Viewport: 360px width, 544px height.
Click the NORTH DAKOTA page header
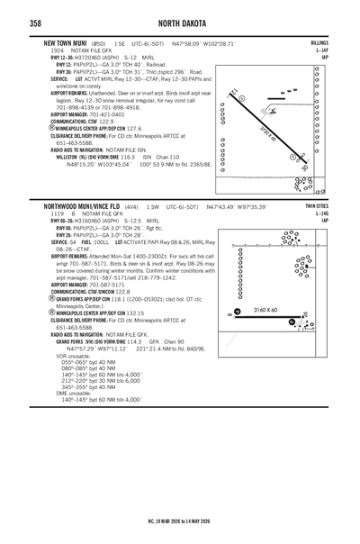[x=179, y=22]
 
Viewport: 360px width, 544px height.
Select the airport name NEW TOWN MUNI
[x=64, y=43]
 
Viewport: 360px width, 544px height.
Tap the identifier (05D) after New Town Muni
[x=99, y=43]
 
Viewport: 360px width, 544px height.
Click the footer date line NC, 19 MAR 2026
[x=179, y=521]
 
